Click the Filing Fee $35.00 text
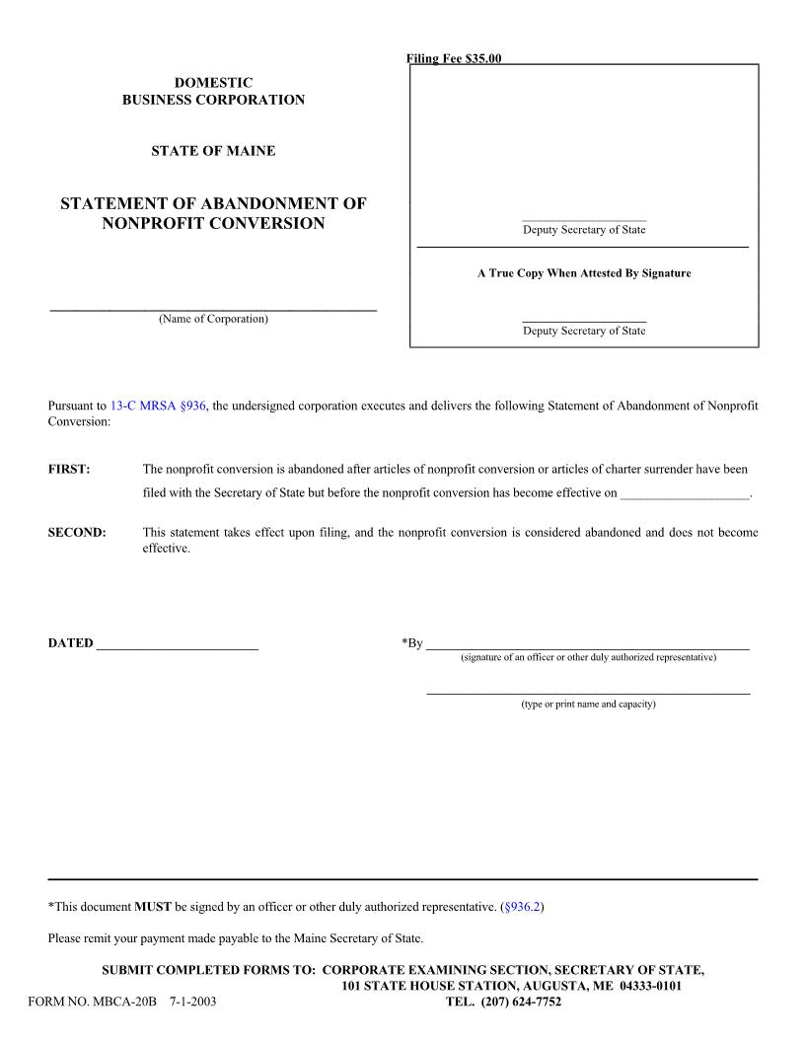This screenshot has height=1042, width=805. [x=455, y=59]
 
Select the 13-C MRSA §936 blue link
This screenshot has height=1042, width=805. [x=158, y=406]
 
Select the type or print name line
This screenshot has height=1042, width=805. [x=588, y=691]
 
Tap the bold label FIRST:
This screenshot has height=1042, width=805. [x=69, y=470]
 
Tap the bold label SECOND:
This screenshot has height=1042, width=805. [x=77, y=533]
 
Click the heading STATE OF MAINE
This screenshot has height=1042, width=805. [x=213, y=151]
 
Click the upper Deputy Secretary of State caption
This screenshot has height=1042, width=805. [x=584, y=230]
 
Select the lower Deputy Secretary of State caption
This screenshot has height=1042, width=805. [x=584, y=332]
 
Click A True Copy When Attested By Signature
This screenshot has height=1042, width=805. [x=584, y=273]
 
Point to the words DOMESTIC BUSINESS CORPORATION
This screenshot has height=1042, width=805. [x=213, y=92]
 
